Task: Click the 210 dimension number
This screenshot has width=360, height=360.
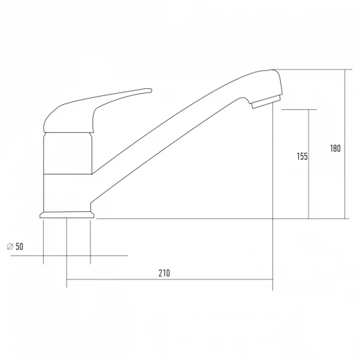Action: [164, 273]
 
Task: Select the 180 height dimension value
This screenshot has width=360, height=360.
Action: [336, 148]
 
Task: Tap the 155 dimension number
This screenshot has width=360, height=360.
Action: [302, 156]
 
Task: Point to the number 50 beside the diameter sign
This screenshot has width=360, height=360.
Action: [19, 247]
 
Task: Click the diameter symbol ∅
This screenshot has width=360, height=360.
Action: [9, 247]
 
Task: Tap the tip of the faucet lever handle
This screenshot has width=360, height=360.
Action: [148, 90]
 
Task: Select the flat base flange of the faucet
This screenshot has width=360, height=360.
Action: [67, 215]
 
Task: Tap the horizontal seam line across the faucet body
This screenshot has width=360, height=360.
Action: [67, 173]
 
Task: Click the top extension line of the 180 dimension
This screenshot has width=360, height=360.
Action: [313, 69]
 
